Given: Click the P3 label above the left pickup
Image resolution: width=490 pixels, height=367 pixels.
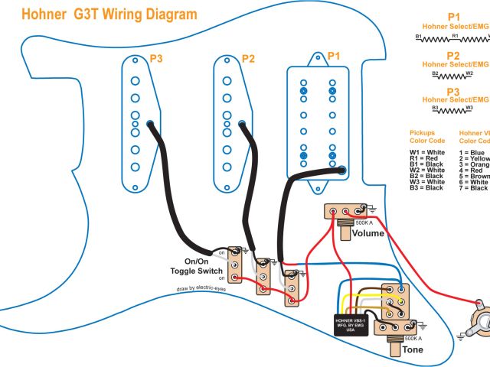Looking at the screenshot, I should tap(155, 58).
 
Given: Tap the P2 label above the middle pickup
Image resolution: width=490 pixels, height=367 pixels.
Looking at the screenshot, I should tap(248, 59).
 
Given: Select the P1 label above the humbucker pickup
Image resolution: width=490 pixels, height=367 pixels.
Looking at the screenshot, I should tap(334, 56).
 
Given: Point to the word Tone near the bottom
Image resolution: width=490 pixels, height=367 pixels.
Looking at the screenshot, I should tap(411, 349).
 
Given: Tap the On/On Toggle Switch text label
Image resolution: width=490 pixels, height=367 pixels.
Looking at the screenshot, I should tap(196, 267).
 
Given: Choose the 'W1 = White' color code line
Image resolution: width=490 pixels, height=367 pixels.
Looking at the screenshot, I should tap(427, 153).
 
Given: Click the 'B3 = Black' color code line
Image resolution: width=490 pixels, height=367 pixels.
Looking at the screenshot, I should tap(427, 187).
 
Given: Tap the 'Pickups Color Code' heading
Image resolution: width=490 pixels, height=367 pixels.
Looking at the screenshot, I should tap(427, 136).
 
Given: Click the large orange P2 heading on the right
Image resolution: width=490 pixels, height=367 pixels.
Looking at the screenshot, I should tap(453, 56).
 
